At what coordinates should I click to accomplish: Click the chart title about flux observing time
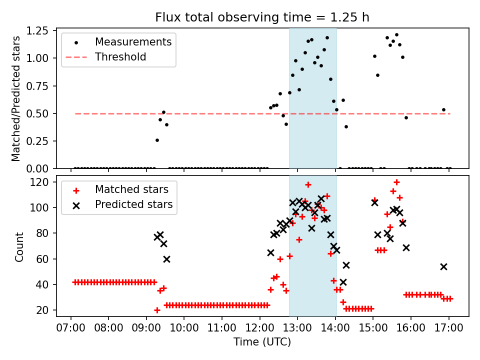(262, 18)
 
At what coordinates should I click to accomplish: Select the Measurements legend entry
(133, 41)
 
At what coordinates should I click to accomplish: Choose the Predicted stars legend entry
(134, 204)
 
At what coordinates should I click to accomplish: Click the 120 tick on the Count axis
(42, 182)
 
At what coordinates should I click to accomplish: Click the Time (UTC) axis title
(262, 342)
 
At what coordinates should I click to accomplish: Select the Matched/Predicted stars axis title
(16, 98)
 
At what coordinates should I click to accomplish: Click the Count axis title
(19, 246)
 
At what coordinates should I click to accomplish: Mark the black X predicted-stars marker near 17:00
(443, 266)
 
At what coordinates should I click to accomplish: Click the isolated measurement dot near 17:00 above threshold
(443, 109)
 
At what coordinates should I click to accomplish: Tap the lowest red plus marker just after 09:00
(157, 310)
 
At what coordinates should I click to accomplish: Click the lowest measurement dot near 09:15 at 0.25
(157, 140)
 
